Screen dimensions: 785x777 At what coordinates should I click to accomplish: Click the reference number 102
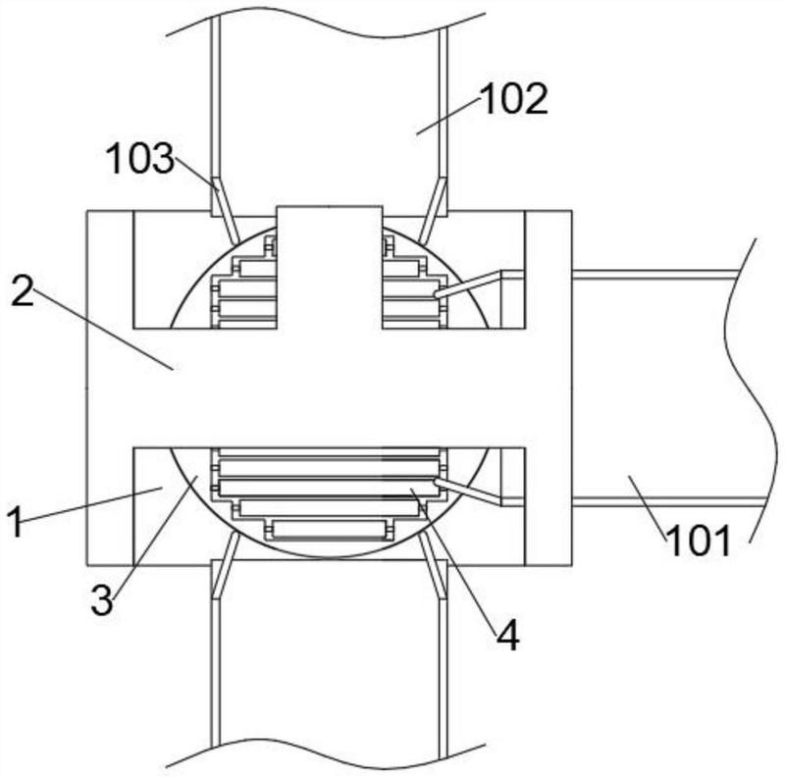pos(513,99)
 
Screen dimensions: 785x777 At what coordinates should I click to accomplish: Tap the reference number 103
pos(140,159)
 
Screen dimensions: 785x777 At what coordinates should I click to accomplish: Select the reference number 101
pos(699,542)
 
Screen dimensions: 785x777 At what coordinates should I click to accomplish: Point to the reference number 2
pos(23,292)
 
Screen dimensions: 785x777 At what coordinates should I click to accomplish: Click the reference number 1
pos(16,521)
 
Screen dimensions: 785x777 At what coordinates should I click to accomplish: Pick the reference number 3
pos(102,600)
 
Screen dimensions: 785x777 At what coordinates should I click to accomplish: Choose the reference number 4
pos(507,635)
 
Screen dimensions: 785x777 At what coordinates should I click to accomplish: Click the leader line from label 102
pos(448,117)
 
